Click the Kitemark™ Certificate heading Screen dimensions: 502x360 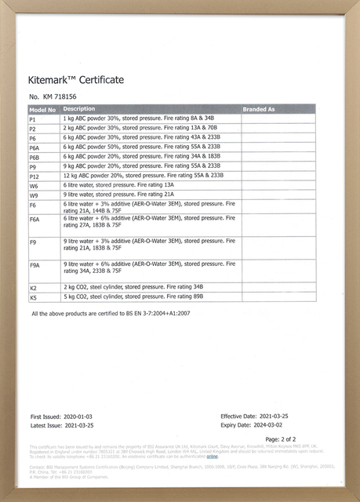point(75,80)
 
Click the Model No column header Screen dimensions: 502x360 point(42,109)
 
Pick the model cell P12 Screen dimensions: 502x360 point(34,176)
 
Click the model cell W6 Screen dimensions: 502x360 point(34,186)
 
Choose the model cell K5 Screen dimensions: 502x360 point(33,298)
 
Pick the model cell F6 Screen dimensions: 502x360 point(33,205)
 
